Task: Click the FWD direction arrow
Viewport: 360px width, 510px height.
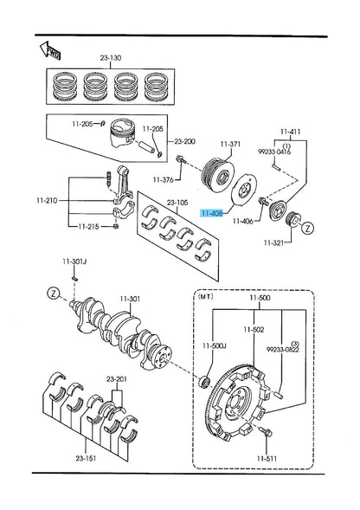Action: (x=50, y=51)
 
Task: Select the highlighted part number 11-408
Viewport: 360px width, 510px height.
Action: (x=212, y=213)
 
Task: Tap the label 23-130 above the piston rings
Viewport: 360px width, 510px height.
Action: (x=111, y=58)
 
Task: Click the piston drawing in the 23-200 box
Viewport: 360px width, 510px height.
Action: (x=122, y=136)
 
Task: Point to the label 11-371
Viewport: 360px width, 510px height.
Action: (x=230, y=144)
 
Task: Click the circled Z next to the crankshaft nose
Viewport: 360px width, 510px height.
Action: (x=54, y=293)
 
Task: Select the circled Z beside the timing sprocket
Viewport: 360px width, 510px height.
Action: (x=307, y=228)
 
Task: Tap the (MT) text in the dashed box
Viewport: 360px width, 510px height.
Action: (x=206, y=296)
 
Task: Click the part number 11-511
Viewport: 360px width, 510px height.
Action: (x=267, y=459)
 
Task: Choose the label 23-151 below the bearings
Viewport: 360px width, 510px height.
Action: (x=87, y=458)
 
